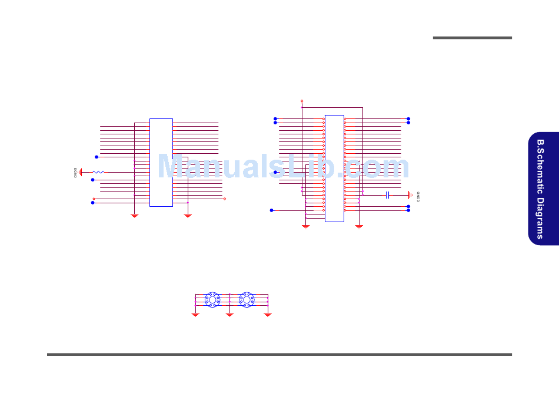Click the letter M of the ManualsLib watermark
(172, 167)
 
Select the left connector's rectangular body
(161, 163)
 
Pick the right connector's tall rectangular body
(334, 168)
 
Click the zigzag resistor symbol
(98, 172)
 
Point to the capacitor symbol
(387, 194)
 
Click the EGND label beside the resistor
(75, 172)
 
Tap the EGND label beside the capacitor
(418, 196)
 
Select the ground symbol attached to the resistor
(81, 172)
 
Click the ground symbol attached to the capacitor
(410, 194)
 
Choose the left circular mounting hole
(212, 300)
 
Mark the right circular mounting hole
(247, 300)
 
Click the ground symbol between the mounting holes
(229, 315)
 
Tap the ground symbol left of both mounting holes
(195, 315)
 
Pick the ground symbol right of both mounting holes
(268, 315)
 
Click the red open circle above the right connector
(302, 101)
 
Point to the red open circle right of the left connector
(225, 199)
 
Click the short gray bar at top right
(472, 38)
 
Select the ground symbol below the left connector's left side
(134, 216)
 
